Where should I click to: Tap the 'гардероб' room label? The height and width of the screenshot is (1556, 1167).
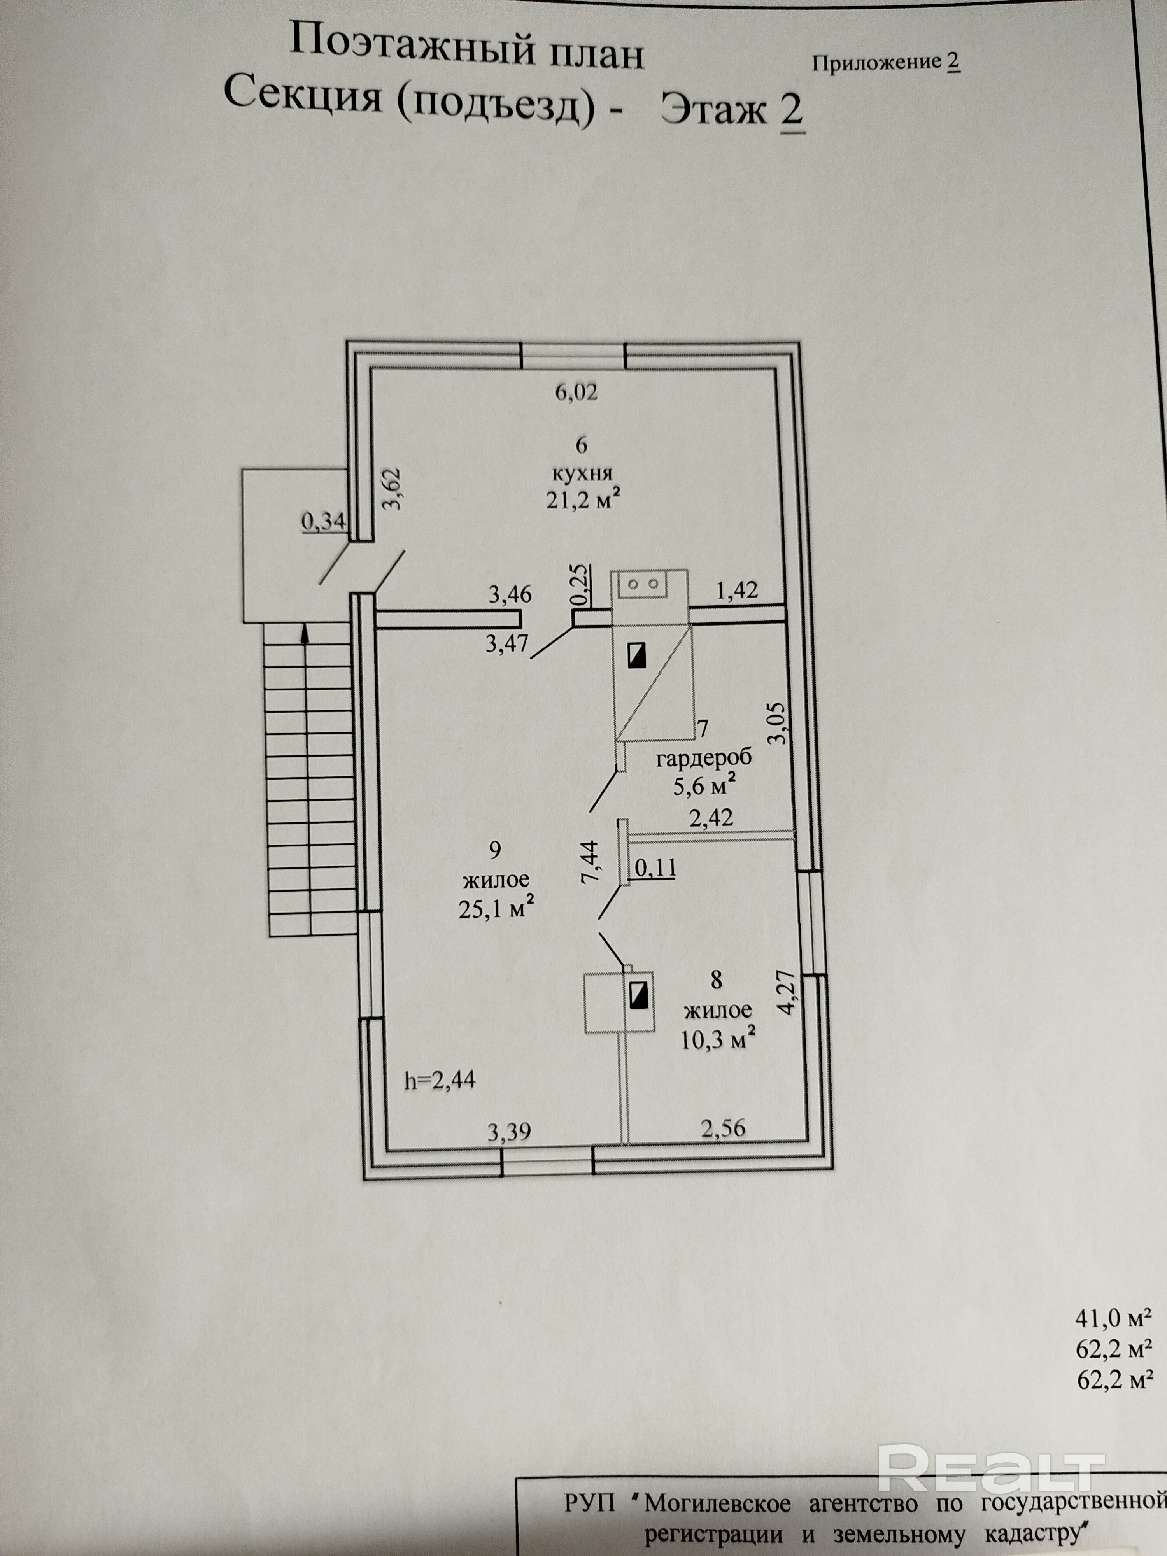703,758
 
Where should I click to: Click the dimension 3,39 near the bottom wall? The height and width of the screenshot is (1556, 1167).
508,1132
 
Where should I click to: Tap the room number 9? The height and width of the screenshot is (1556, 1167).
494,850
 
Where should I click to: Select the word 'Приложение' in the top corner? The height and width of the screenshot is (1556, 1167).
876,63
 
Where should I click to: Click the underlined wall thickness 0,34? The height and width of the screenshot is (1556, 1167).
324,521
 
